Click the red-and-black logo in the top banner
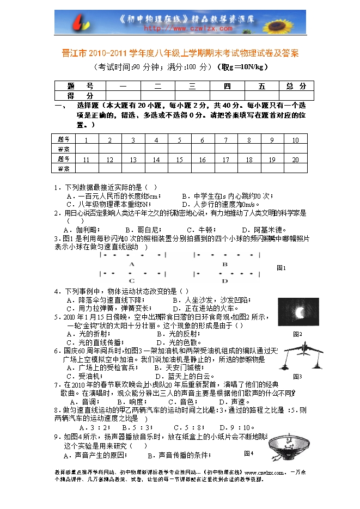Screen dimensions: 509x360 80,23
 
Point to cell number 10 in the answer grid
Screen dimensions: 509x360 295,140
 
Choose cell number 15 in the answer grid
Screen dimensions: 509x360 179,160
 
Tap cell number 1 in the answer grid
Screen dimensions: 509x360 87,140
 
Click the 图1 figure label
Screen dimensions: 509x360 282,268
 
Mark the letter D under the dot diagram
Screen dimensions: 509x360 225,281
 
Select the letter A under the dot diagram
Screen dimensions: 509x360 132,263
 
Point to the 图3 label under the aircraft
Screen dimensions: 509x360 297,377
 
